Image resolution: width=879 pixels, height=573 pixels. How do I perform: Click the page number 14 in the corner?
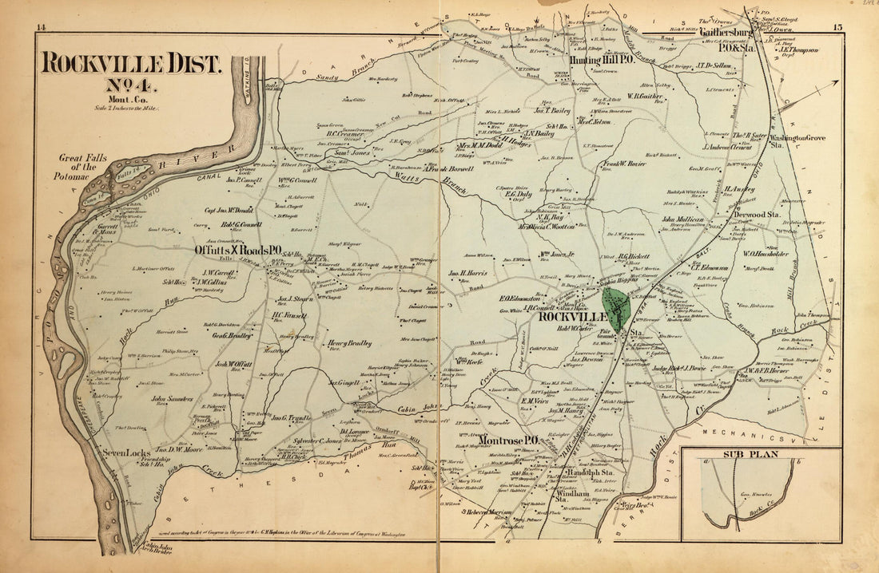(41, 29)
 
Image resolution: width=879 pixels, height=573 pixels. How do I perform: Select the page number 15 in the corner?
(837, 29)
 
